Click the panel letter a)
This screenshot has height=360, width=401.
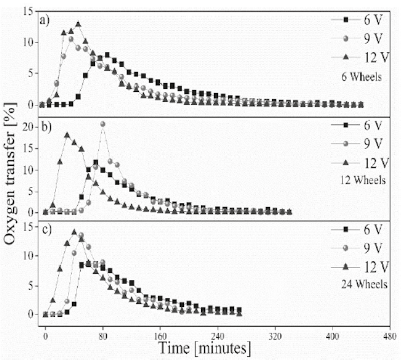[x=45, y=19]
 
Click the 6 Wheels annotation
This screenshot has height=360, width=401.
[x=368, y=78]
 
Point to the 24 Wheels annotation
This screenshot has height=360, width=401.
[x=366, y=285]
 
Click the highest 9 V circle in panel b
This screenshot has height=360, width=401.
[x=102, y=124]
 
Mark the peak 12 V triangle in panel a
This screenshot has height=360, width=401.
[x=78, y=24]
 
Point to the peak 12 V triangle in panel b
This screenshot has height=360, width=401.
[x=67, y=134]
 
